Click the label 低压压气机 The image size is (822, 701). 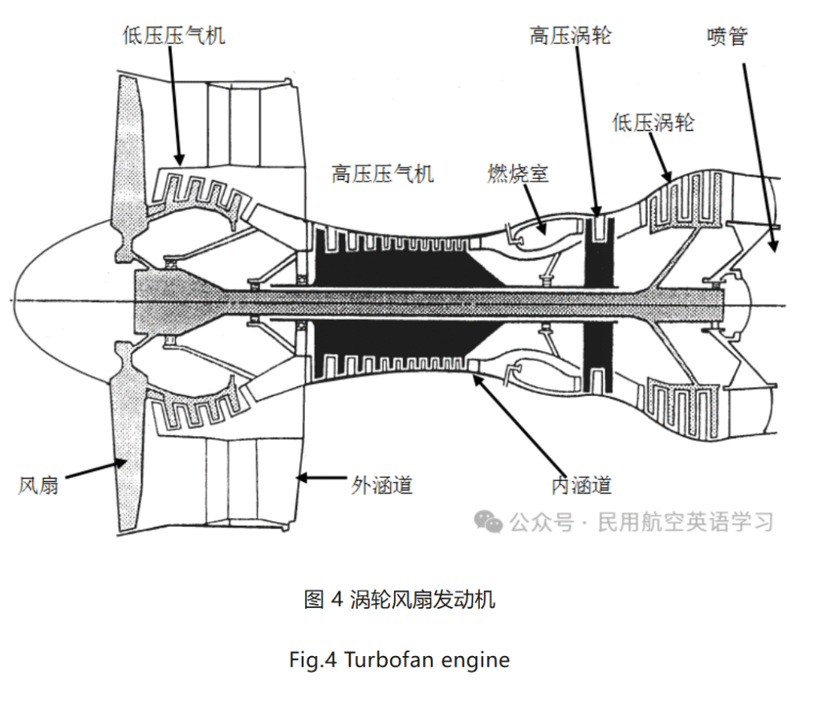[174, 35]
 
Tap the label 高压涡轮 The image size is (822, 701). [571, 35]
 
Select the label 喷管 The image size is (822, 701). [727, 35]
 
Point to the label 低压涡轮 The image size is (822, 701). [653, 122]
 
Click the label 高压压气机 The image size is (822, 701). [383, 173]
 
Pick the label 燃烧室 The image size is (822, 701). [519, 173]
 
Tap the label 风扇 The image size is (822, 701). [39, 486]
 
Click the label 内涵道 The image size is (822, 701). [582, 485]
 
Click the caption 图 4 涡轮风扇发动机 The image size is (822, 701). [400, 599]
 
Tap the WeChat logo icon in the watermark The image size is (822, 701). [488, 523]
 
